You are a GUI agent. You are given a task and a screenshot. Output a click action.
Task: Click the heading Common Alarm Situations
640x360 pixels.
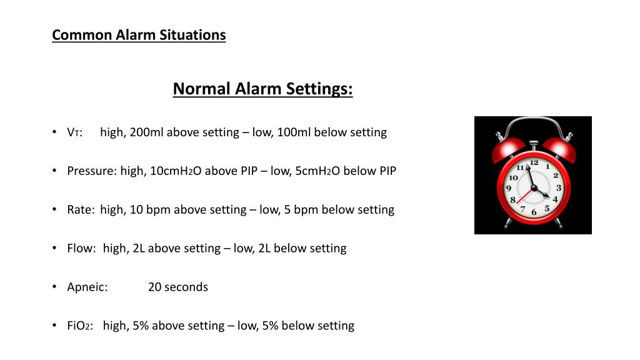pyautogui.click(x=139, y=35)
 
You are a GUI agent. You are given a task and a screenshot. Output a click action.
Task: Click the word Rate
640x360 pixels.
pyautogui.click(x=81, y=210)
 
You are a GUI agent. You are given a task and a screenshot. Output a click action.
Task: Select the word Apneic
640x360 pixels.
pyautogui.click(x=87, y=287)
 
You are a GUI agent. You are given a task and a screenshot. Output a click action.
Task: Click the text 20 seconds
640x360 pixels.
pyautogui.click(x=178, y=287)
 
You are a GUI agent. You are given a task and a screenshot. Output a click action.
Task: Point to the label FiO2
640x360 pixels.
pyautogui.click(x=80, y=326)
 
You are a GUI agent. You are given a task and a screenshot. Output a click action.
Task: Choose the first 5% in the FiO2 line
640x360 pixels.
pyautogui.click(x=141, y=326)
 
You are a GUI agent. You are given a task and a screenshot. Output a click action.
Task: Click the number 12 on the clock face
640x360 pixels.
pyautogui.click(x=534, y=163)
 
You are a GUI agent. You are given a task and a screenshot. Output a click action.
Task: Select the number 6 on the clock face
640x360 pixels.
pyautogui.click(x=534, y=212)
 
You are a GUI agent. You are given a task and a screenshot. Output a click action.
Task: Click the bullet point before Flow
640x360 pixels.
pyautogui.click(x=56, y=248)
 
